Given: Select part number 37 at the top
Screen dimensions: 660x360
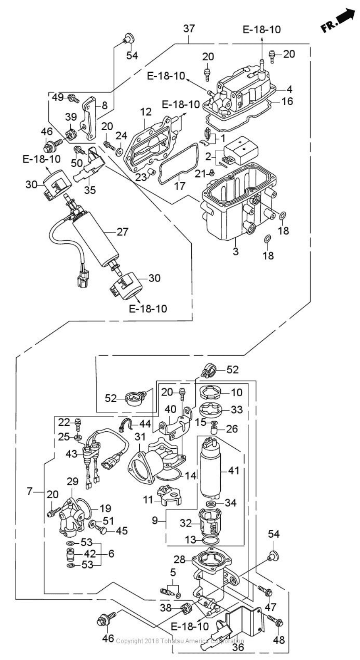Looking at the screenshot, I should coord(189,29).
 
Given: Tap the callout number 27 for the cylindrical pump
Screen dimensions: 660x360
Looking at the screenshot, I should coord(122,232).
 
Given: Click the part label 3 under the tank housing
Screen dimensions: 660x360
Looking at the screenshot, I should coord(236,251).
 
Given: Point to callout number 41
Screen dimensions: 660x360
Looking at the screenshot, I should coord(234,470).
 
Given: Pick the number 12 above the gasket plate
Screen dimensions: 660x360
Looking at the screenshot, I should coord(145,112).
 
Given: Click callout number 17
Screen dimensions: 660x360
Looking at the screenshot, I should coord(180,185).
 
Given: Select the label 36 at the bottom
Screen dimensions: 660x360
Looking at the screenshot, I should coord(237,648).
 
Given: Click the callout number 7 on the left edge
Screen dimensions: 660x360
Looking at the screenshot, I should coord(30,491).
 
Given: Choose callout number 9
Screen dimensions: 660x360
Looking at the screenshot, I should coord(155,520).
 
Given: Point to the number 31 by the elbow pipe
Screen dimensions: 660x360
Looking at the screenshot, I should coord(140,437).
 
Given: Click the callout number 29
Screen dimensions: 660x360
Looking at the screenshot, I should coord(72,482).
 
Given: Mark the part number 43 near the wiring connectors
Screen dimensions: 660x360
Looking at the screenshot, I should coord(72,454).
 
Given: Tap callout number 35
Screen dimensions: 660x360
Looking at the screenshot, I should coord(90,190).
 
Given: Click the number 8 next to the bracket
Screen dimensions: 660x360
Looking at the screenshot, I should coord(104,105).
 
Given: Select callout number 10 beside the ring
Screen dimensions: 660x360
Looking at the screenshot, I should coord(236,392).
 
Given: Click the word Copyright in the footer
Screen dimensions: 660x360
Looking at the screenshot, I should coord(129,652).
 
